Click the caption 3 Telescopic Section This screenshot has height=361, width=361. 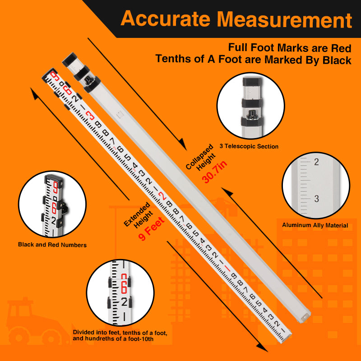point(249,146)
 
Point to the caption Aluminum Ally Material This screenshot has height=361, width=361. point(315,225)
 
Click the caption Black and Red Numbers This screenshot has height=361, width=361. point(52,245)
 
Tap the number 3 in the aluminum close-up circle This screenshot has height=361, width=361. point(316,199)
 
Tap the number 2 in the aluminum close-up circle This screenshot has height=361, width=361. point(316,162)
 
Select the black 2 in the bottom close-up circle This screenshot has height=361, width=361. point(124,301)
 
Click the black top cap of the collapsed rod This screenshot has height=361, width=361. point(70,60)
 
